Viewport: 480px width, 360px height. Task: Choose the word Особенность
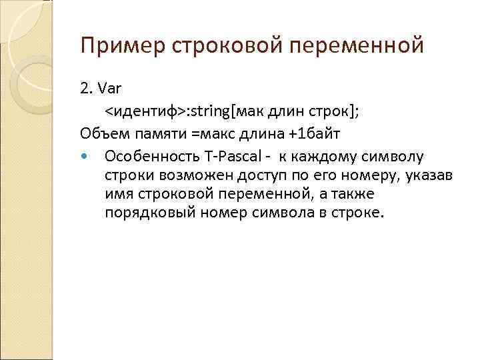pos(147,157)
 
